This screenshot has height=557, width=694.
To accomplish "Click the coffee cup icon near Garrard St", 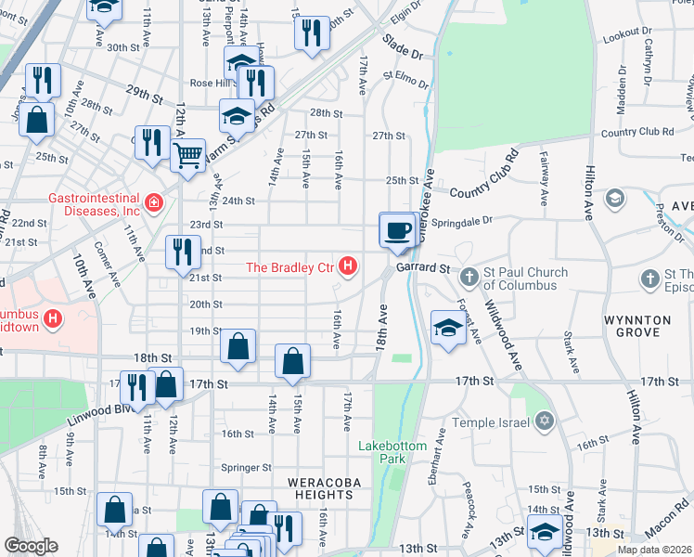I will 398,229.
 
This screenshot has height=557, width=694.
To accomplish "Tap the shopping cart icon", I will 188,154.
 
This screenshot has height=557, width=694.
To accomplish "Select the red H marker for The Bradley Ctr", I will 348,267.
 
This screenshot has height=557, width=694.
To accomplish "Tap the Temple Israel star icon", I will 545,422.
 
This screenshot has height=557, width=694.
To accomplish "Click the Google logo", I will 31,546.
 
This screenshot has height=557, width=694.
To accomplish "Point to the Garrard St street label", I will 425,267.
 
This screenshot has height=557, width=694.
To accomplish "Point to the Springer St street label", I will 245,468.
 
